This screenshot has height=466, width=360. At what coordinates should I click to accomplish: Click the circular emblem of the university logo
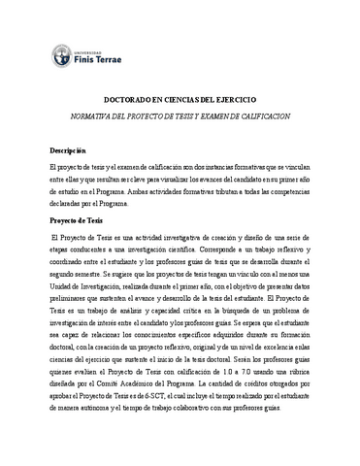point(59,57)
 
